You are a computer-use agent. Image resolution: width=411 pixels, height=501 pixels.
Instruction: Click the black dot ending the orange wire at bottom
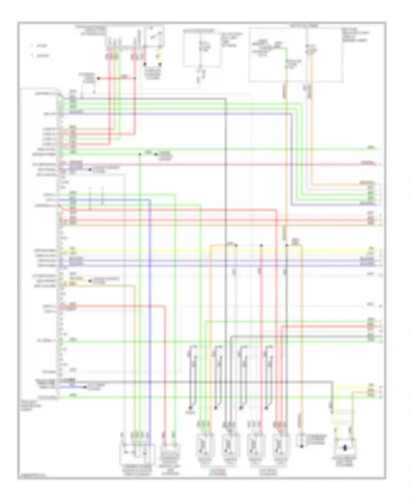coord(301,446)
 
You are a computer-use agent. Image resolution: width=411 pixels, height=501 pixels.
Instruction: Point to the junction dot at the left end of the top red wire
coord(99,79)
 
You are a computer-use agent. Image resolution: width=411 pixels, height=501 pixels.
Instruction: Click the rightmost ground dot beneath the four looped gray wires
coord(266,408)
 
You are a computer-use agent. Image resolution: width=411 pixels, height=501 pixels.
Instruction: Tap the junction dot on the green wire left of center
coord(140,155)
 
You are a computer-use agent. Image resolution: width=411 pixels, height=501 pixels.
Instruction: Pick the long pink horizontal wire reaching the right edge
coord(219,165)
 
